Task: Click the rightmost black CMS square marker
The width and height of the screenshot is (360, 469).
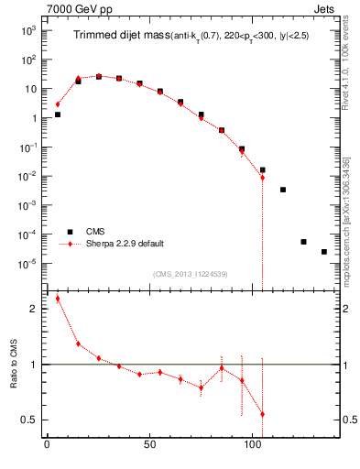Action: pos(324,252)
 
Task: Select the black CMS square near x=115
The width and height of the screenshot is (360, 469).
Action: pos(283,190)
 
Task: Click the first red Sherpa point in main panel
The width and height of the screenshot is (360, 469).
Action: pos(58,104)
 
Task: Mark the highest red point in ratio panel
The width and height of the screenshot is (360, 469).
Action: pos(58,299)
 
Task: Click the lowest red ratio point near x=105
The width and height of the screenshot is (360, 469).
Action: pos(263,414)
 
